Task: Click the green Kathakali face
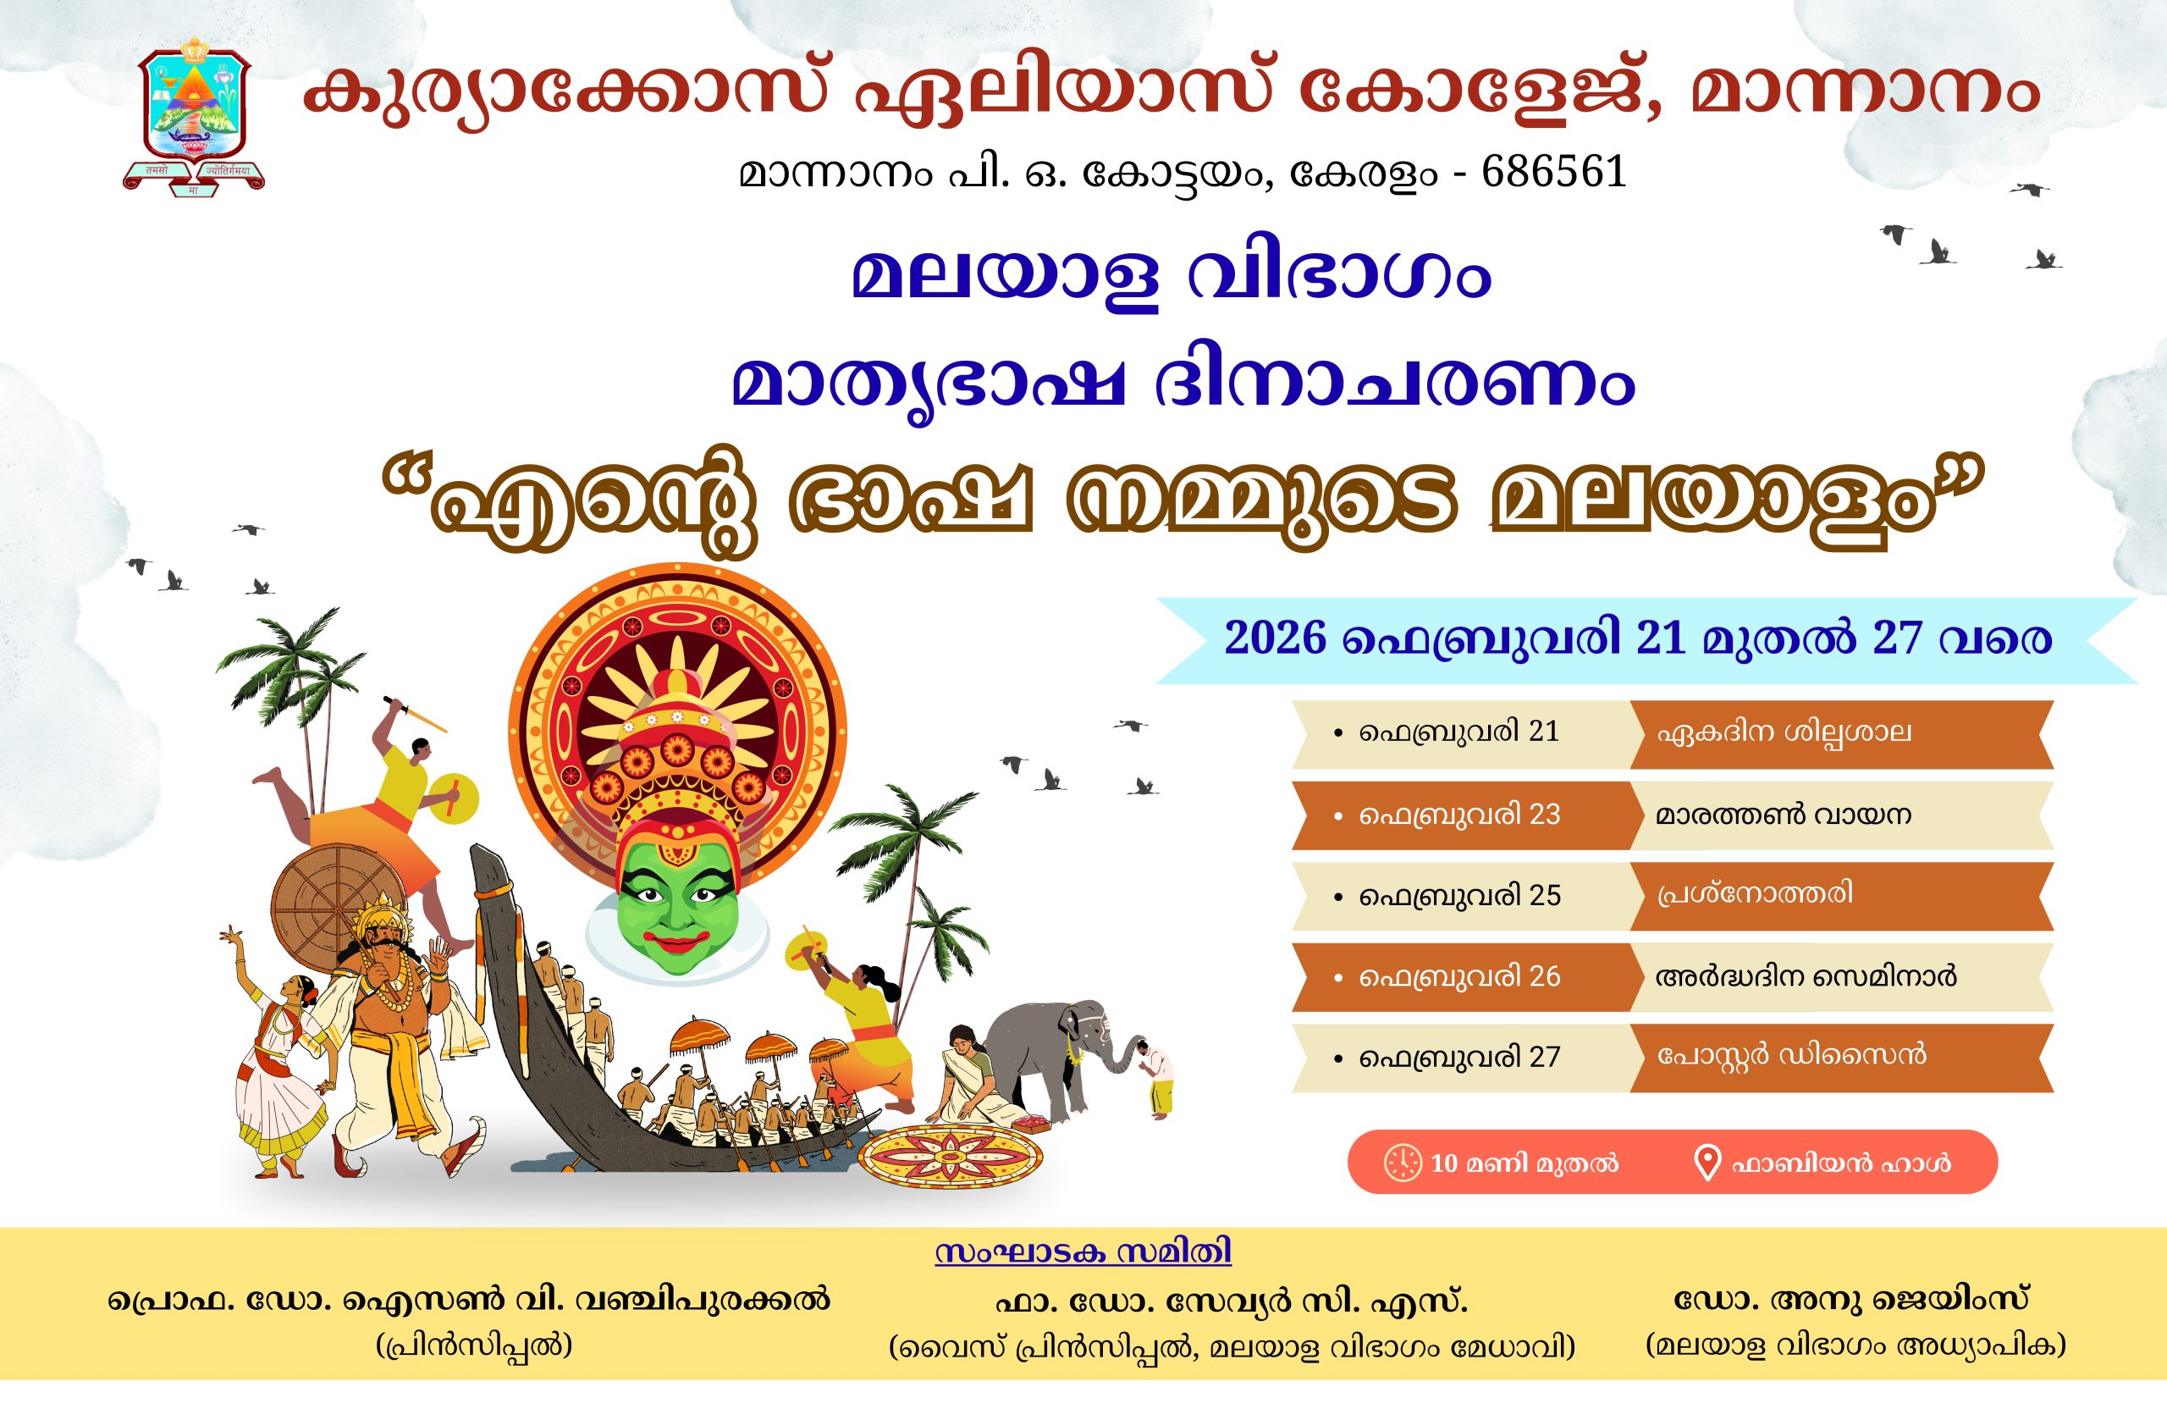click(x=674, y=901)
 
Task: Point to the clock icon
click(x=1402, y=1163)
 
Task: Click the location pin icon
click(x=1707, y=1163)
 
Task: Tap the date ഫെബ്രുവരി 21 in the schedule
click(x=1458, y=732)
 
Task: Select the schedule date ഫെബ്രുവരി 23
click(x=1458, y=815)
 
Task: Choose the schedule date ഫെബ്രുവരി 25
click(x=1458, y=895)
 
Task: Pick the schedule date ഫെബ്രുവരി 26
click(x=1458, y=976)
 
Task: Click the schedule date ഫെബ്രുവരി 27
click(x=1458, y=1058)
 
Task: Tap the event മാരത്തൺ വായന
click(x=1782, y=814)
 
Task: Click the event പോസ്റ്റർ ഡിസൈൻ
click(x=1791, y=1055)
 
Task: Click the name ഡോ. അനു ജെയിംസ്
click(x=1852, y=1300)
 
